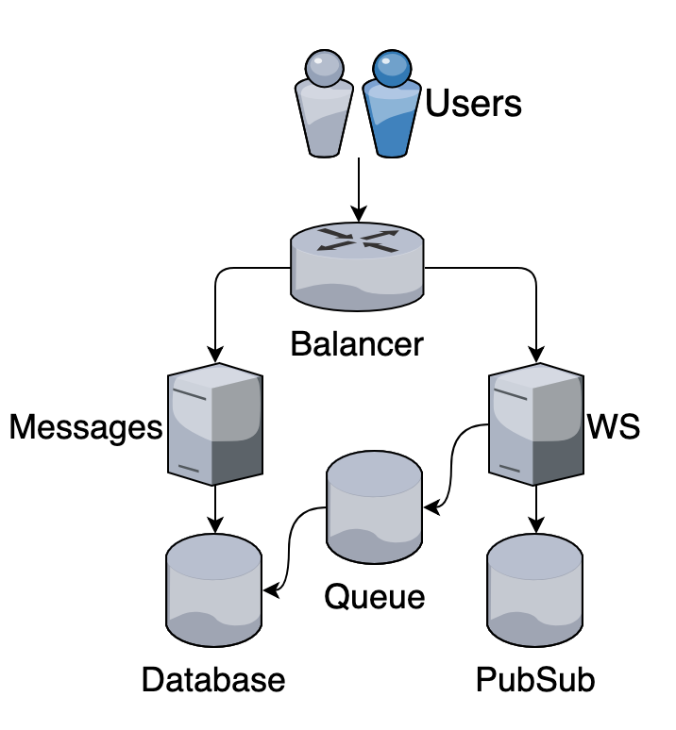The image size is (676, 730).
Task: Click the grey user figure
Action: (x=327, y=104)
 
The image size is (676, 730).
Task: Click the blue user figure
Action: (x=391, y=104)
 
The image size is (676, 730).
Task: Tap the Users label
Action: (x=473, y=103)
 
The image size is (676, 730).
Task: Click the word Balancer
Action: (x=357, y=343)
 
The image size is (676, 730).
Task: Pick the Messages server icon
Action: (x=215, y=423)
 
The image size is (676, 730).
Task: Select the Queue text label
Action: (x=375, y=596)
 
